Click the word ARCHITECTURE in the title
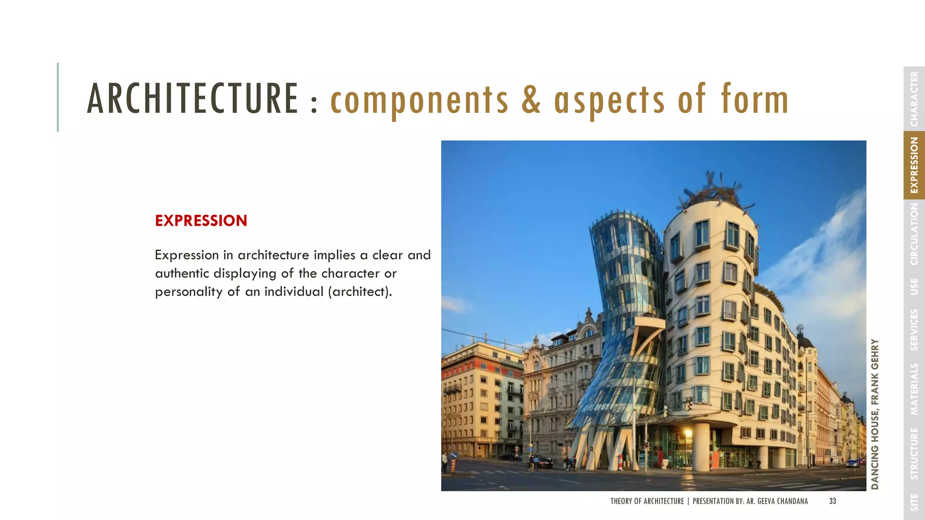point(192,99)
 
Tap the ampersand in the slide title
point(531,100)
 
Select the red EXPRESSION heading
point(201,221)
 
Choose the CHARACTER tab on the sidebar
point(914,99)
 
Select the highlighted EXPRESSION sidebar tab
point(914,165)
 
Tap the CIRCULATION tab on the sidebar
point(914,234)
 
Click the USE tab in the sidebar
point(914,287)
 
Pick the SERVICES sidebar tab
point(914,330)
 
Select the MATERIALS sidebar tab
point(914,389)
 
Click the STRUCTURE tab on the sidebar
point(914,453)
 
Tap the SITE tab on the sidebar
point(914,502)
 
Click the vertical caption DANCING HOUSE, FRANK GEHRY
point(875,414)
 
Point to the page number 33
point(832,501)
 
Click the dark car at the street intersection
point(541,462)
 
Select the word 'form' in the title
point(755,100)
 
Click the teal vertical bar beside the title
point(58,97)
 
